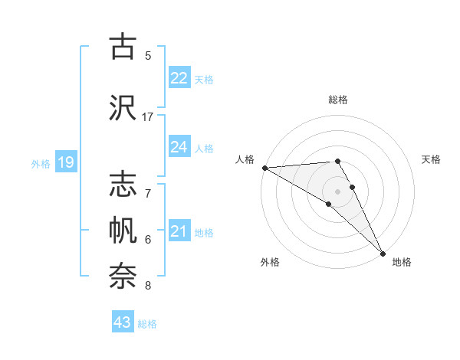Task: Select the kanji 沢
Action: coord(123,106)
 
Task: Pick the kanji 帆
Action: coord(123,231)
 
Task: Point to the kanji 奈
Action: coord(123,276)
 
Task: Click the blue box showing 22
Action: coord(179,78)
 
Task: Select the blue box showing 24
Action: coord(179,147)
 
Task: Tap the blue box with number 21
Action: coord(179,231)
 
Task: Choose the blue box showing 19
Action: coord(66,162)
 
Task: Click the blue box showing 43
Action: coord(123,322)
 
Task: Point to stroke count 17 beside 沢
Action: coord(148,117)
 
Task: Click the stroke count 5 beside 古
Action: coord(148,55)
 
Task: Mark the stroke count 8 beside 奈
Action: coord(148,286)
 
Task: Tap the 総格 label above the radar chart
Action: coord(338,100)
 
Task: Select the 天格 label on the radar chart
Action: coord(431,159)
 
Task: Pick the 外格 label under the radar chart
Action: coord(270,262)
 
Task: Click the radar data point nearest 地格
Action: coord(383,252)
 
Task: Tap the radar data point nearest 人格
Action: coord(264,167)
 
